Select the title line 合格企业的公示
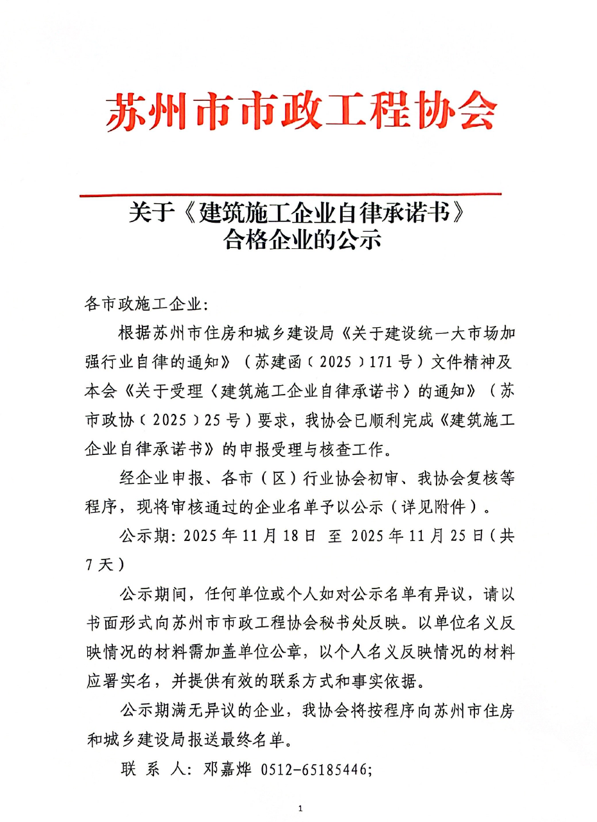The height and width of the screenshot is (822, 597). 302,240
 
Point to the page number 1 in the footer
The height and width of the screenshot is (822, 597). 300,807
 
